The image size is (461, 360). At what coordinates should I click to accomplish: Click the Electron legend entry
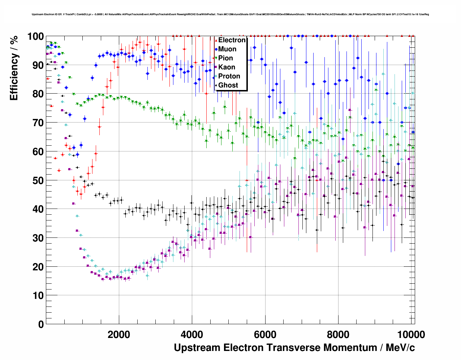[232, 40]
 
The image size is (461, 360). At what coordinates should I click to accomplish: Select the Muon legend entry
[227, 49]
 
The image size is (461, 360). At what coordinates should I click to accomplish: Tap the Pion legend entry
[225, 58]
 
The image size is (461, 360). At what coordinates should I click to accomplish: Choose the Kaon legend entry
[227, 67]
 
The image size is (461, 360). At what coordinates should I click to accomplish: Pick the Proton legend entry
[229, 76]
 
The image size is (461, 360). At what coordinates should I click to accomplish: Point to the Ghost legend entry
[228, 85]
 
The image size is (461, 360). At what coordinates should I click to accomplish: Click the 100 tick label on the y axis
[35, 37]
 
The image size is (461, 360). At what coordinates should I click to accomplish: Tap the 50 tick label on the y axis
[38, 180]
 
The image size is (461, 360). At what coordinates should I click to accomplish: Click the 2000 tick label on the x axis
[119, 334]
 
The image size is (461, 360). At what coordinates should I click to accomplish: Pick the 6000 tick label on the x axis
[265, 334]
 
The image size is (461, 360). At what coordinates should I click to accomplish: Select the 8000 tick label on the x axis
[338, 334]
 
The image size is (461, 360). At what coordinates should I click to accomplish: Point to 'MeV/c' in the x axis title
[400, 348]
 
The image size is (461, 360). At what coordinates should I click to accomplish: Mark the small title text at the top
[230, 14]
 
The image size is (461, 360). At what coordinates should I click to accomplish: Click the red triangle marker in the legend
[216, 40]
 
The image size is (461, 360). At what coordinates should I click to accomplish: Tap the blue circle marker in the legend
[216, 49]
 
